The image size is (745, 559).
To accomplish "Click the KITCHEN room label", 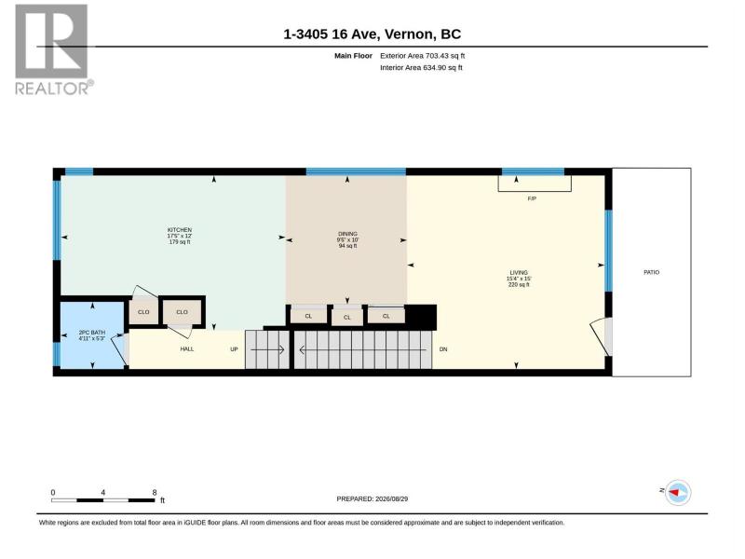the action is (x=180, y=230).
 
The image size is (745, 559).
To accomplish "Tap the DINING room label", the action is (x=347, y=234).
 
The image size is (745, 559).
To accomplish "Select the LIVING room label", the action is (x=519, y=273).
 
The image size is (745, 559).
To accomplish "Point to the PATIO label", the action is (x=651, y=272).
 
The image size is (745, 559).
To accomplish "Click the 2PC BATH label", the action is (x=92, y=333).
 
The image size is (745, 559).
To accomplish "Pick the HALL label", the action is (x=187, y=348).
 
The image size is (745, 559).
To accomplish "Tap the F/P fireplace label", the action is (x=532, y=198).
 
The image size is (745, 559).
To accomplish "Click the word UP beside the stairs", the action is (x=234, y=349).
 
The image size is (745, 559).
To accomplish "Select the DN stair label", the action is (x=443, y=349).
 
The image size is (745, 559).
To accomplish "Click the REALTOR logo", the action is (x=52, y=50).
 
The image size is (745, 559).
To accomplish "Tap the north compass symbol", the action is (x=678, y=493).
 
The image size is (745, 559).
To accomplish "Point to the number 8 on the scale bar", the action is (x=155, y=493).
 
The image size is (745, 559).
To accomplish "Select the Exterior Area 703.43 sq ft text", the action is (x=423, y=56).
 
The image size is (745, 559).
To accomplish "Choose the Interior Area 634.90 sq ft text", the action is (x=421, y=67).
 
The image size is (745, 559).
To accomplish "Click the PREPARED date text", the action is (x=372, y=499).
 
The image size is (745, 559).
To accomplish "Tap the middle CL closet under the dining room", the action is (x=346, y=317).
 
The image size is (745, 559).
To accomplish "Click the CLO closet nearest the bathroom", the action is (x=143, y=312).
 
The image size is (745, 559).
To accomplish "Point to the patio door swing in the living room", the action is (x=601, y=335).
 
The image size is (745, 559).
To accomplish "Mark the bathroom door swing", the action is (x=119, y=348).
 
